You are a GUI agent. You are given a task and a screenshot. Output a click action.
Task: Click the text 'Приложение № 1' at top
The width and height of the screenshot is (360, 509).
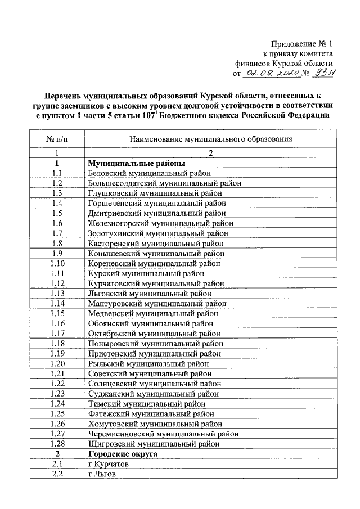coord(302,43)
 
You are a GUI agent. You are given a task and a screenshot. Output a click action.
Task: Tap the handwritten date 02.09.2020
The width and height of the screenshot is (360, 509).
coord(267,73)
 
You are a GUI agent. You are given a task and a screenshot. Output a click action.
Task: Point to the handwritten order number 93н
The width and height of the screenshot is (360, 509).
coord(325,73)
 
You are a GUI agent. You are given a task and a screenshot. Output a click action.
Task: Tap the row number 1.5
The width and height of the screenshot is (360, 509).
coord(57,213)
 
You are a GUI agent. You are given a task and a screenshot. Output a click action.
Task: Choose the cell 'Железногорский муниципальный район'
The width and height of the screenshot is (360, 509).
coord(161,223)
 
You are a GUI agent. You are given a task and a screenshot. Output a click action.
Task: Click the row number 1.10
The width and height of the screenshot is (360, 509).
coord(57,263)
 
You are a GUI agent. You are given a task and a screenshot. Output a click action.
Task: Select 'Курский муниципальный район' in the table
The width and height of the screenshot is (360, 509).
coord(146,273)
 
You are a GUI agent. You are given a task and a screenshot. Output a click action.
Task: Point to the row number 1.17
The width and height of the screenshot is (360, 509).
coord(57,333)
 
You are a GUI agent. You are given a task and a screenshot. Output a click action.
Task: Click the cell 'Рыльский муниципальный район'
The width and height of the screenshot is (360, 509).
coord(148,363)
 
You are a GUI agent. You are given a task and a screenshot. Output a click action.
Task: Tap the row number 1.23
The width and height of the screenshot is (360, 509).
coord(57,393)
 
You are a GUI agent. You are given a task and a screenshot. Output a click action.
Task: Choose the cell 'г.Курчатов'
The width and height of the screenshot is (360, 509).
coord(108,464)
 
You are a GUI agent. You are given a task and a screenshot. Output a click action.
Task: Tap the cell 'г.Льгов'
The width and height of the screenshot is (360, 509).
coord(102,474)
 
